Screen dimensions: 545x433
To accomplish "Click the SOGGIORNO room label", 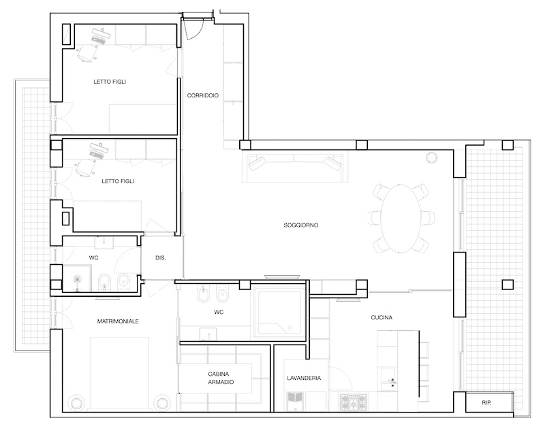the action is (300, 225).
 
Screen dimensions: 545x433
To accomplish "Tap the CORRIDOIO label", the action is (202, 95).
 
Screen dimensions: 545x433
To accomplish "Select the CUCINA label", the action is (381, 317).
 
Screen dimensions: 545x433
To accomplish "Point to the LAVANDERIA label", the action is (304, 378).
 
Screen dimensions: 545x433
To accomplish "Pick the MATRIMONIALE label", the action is (118, 321).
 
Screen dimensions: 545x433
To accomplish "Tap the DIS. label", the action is (160, 258).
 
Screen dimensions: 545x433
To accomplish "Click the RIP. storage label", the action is (486, 403).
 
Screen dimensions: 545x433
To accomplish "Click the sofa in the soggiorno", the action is (295, 168).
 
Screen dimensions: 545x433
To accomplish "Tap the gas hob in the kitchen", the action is (354, 402).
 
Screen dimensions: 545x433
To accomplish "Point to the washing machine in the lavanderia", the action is (295, 402).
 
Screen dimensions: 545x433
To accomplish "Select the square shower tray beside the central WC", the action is (279, 312).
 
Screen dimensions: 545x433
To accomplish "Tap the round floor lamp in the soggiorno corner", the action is (431, 157).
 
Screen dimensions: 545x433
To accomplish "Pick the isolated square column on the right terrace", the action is (508, 285).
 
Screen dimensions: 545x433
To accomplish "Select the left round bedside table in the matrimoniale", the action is (76, 403).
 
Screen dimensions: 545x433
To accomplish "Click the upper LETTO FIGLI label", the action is (110, 82).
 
